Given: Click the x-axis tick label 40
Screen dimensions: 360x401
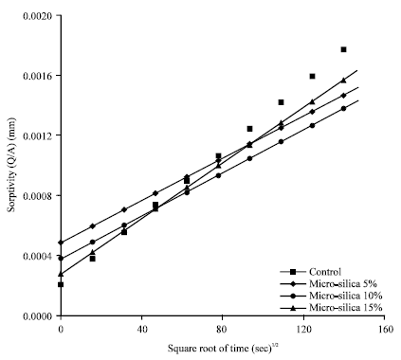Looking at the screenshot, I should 141,330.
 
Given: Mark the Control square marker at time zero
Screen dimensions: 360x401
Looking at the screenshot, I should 61,284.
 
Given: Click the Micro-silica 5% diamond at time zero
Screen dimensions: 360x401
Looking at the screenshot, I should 61,243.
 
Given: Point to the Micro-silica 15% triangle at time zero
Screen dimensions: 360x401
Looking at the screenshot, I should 61,274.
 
